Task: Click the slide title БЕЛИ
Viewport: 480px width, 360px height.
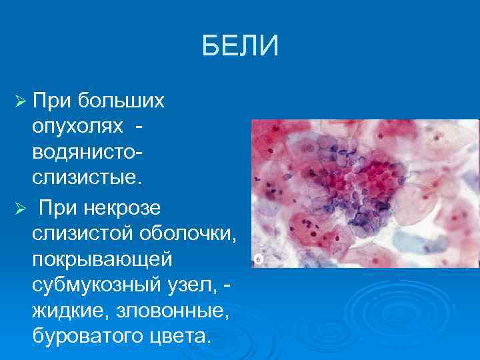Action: point(240,47)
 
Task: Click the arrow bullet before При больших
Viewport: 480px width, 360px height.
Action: point(20,101)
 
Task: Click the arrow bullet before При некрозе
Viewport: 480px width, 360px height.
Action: point(20,209)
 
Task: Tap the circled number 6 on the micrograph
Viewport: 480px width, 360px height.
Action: point(258,260)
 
